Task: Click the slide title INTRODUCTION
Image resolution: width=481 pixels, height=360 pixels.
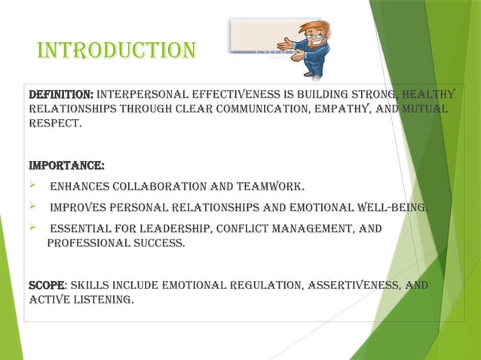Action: pos(116,50)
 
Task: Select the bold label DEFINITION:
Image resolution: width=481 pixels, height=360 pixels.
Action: pos(60,95)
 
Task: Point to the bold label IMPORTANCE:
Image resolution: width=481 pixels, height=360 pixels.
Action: pos(66,165)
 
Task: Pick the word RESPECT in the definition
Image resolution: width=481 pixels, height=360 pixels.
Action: pos(54,124)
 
